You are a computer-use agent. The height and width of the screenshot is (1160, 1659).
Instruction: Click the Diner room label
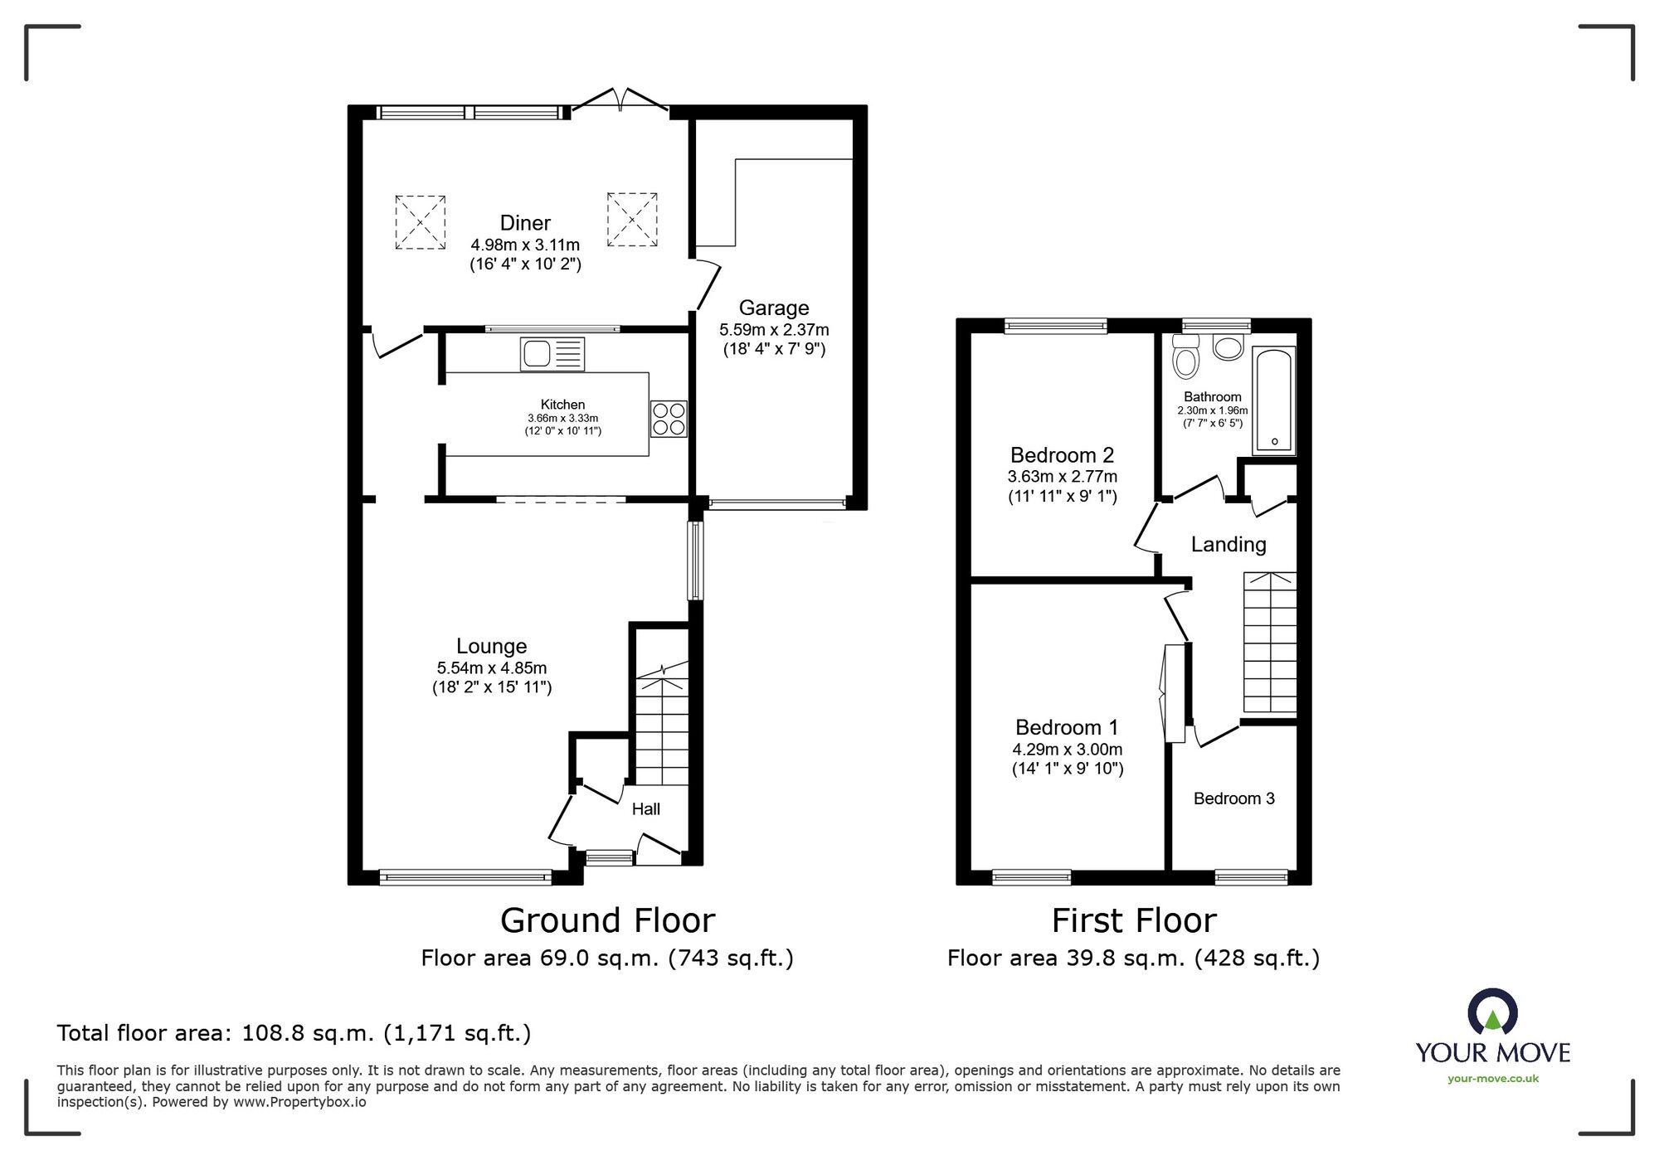(525, 223)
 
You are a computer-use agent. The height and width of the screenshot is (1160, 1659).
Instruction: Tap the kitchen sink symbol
(552, 354)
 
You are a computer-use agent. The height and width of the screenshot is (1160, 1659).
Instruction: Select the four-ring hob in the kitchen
(669, 419)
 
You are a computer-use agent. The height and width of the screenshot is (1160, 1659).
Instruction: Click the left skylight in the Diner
(420, 222)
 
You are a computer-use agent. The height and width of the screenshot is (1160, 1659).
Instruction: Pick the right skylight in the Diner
(632, 220)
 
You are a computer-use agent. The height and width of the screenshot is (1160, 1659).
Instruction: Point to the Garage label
(774, 308)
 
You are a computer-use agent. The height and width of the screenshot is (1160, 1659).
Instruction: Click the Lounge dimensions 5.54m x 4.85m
(491, 667)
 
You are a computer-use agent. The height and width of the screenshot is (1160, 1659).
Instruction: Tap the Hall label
(646, 809)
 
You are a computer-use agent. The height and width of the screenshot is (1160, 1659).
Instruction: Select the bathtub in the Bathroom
(1273, 400)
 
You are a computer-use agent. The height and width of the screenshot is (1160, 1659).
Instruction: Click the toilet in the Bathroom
(1186, 357)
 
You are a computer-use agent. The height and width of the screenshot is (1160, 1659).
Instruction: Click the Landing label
(1228, 545)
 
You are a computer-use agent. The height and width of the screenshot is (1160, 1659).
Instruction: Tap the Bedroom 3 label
(1233, 798)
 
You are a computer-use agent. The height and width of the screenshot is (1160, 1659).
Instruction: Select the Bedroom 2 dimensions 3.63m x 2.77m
(1062, 477)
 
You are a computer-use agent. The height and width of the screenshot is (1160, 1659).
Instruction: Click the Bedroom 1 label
(1067, 727)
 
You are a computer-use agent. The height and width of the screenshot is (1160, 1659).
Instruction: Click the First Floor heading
(1134, 920)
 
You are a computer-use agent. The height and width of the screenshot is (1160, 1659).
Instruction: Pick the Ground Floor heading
(607, 920)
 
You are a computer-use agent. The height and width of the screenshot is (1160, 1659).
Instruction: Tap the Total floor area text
(294, 1033)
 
